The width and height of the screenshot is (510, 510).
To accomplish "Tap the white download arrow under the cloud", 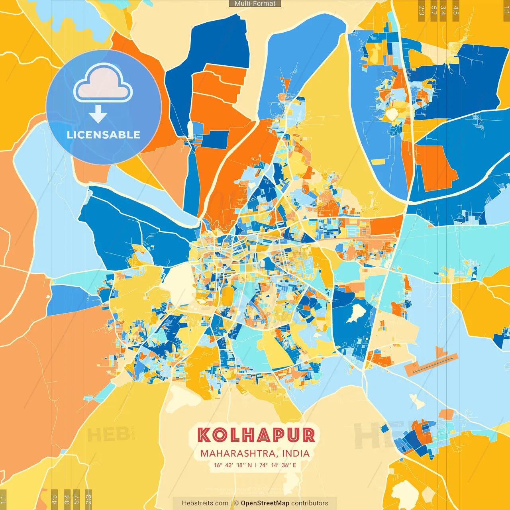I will pyautogui.click(x=98, y=114).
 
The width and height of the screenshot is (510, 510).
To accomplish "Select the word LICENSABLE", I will pyautogui.click(x=103, y=135).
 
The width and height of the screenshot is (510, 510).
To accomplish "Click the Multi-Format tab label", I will pyautogui.click(x=255, y=4).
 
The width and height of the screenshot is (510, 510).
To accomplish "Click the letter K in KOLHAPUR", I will pyautogui.click(x=204, y=435).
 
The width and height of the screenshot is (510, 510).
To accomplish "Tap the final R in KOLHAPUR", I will pyautogui.click(x=308, y=435).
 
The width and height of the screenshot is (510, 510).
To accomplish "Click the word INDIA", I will pyautogui.click(x=296, y=453).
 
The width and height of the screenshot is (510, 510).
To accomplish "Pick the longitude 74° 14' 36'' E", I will pyautogui.click(x=278, y=465).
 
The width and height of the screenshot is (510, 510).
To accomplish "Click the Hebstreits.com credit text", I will pyautogui.click(x=205, y=503).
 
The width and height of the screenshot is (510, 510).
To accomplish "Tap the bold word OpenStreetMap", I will pyautogui.click(x=265, y=503).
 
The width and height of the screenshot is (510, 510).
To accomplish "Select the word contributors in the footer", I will pyautogui.click(x=310, y=503).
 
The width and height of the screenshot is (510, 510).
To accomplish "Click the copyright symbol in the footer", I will pyautogui.click(x=236, y=503).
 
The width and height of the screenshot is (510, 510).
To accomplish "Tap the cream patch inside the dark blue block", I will pyautogui.click(x=356, y=313).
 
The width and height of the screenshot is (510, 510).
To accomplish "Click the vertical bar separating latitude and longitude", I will pyautogui.click(x=255, y=465).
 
